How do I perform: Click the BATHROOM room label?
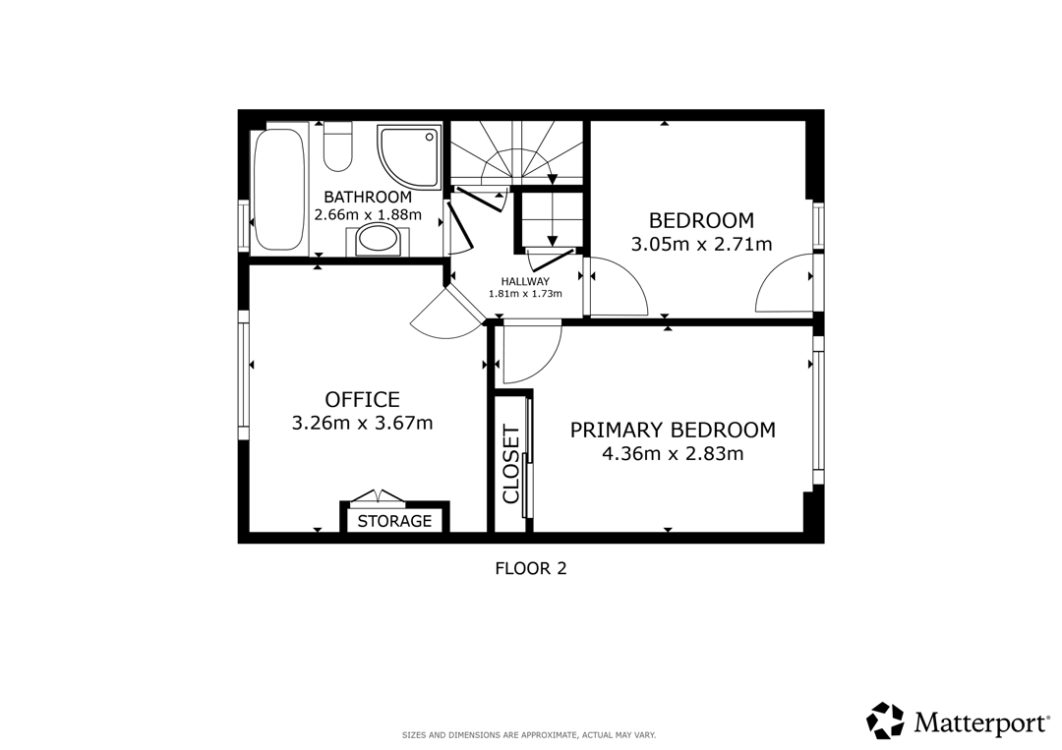point(368,197)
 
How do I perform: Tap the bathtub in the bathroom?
point(277,190)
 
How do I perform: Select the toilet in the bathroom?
point(337,146)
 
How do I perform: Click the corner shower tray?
point(409,156)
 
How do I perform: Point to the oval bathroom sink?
point(378,240)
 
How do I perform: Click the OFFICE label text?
point(362,399)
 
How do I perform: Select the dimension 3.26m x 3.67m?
point(362,423)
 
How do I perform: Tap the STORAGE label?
point(394,521)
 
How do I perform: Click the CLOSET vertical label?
point(510,464)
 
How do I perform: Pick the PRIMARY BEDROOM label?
point(673,430)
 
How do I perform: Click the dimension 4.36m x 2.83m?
point(673,453)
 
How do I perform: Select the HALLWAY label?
point(525,281)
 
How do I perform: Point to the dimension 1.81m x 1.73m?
point(525,294)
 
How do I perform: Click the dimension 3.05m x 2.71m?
point(702,244)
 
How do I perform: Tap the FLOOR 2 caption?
point(531,568)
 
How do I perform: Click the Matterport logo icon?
point(885,721)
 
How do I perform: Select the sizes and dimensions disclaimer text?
point(529,734)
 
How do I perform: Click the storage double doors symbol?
point(379,496)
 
